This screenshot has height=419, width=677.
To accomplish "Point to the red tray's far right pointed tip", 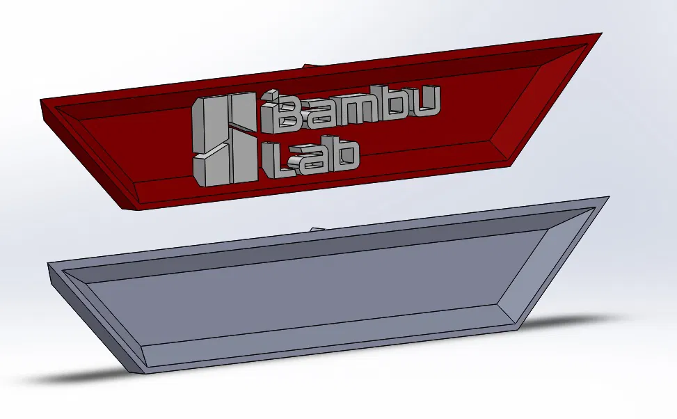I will pyautogui.click(x=600, y=34).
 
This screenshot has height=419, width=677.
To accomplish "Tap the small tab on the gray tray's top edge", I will pyautogui.click(x=317, y=228).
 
